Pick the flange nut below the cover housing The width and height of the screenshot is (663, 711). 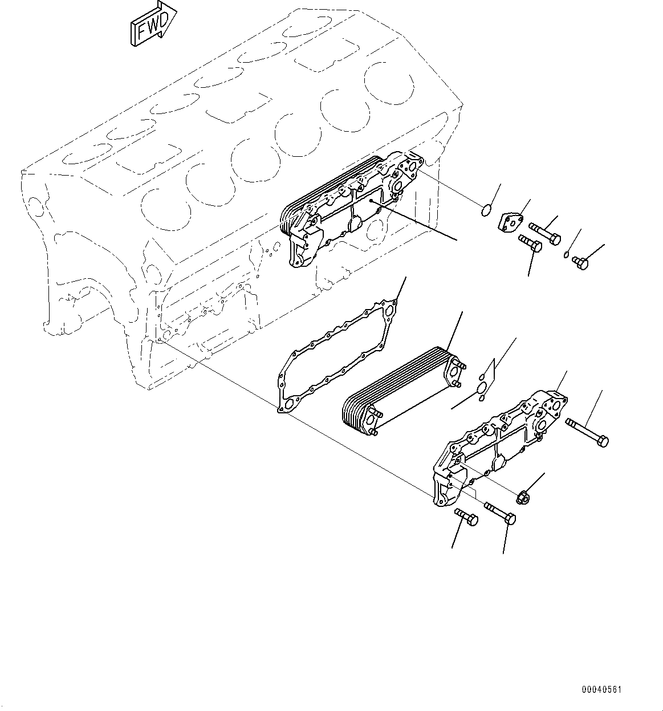click(x=521, y=498)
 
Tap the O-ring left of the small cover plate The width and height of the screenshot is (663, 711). click(x=485, y=211)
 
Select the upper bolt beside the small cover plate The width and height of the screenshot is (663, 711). click(x=546, y=233)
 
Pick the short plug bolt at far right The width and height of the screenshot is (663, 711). click(x=580, y=262)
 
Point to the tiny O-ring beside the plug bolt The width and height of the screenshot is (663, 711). click(x=567, y=255)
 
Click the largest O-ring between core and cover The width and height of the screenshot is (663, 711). click(x=481, y=388)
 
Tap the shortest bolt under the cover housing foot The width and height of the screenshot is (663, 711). click(x=466, y=518)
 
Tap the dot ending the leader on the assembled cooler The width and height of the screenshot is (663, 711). click(x=371, y=201)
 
